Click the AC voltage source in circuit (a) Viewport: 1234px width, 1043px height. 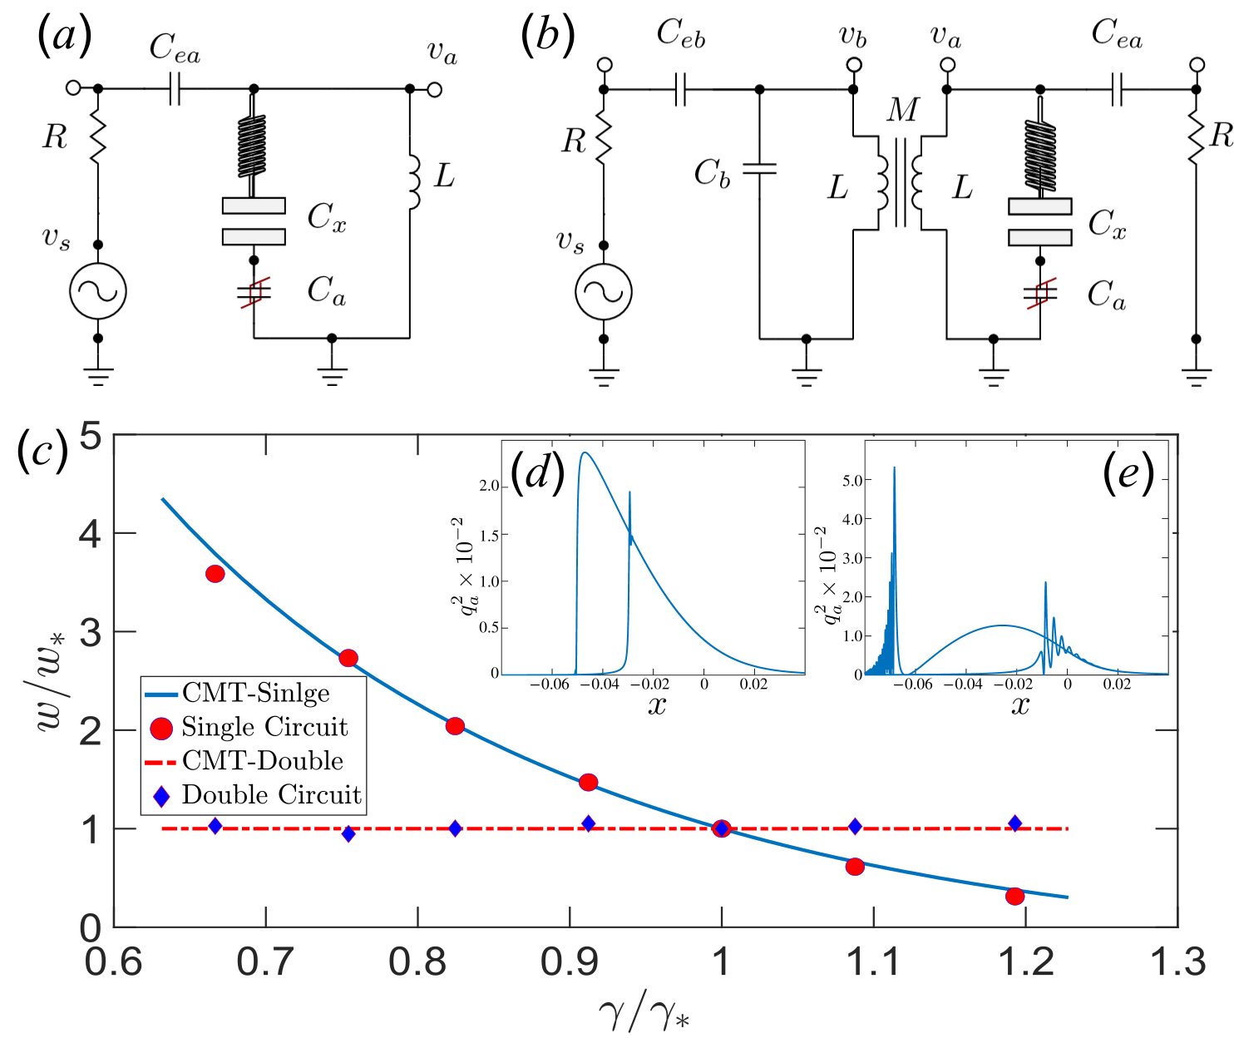pyautogui.click(x=98, y=291)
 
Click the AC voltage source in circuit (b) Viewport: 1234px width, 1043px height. pyautogui.click(x=604, y=292)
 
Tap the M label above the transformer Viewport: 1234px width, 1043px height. pyautogui.click(x=903, y=109)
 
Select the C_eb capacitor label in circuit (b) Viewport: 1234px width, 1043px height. pyautogui.click(x=680, y=33)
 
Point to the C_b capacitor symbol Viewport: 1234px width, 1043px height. pyautogui.click(x=759, y=169)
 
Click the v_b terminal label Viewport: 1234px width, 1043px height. pyautogui.click(x=852, y=37)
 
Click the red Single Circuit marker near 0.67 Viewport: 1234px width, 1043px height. pyautogui.click(x=215, y=574)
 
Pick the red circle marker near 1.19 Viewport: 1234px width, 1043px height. pyautogui.click(x=1014, y=896)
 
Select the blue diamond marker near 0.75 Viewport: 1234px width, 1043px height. pyautogui.click(x=348, y=833)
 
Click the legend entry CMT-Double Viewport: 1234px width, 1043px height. pyautogui.click(x=263, y=761)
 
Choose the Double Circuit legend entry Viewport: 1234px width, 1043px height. pyautogui.click(x=271, y=795)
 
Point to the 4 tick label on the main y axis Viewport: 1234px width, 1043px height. pyautogui.click(x=91, y=533)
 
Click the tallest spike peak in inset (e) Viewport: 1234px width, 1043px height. pyautogui.click(x=895, y=468)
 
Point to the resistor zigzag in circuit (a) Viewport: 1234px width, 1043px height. pyautogui.click(x=98, y=138)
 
